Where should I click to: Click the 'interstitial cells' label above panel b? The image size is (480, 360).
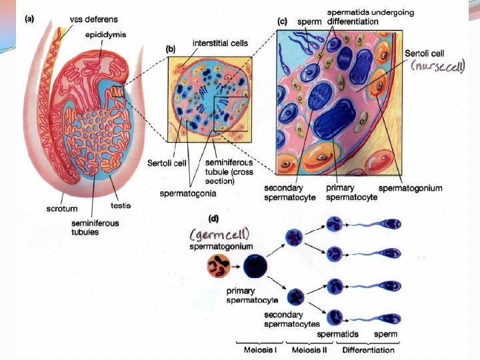point(220,43)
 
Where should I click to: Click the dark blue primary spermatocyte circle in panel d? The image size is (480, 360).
point(255,268)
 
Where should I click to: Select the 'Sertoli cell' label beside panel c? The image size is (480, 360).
point(427,53)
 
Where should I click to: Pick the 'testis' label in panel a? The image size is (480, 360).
point(121,205)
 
